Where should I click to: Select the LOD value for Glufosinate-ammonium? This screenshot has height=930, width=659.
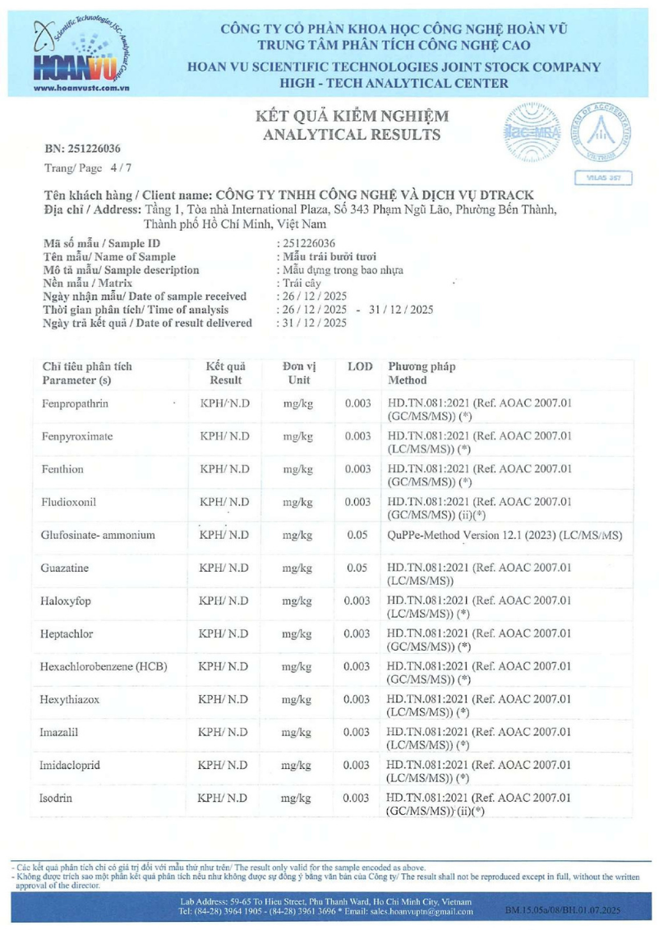357,536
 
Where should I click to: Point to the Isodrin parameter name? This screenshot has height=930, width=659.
58,798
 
